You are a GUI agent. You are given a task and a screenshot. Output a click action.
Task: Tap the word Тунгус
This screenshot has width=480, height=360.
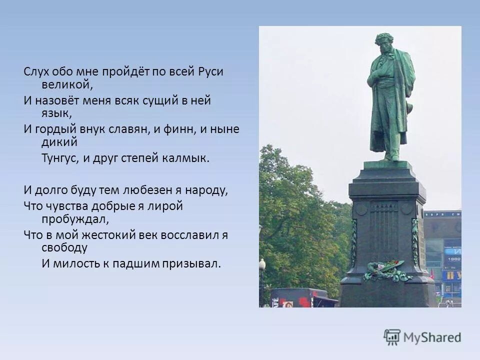click(59, 158)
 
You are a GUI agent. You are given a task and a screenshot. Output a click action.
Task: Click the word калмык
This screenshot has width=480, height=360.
click(189, 158)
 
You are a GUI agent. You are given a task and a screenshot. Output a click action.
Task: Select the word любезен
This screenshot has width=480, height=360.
click(141, 190)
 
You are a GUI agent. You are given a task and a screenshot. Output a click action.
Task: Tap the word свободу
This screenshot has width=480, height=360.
click(64, 247)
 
